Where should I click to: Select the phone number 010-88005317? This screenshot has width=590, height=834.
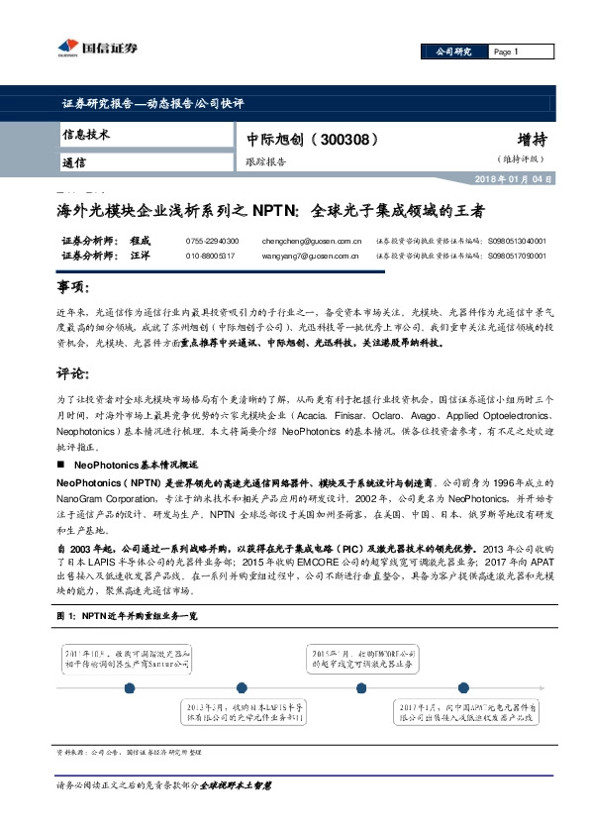[211, 256]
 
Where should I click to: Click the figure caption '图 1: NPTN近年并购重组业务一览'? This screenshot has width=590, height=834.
[128, 615]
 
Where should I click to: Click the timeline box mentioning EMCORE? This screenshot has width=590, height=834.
[359, 661]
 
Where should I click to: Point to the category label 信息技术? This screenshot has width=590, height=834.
[86, 134]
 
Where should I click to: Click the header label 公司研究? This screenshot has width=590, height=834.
[448, 52]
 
